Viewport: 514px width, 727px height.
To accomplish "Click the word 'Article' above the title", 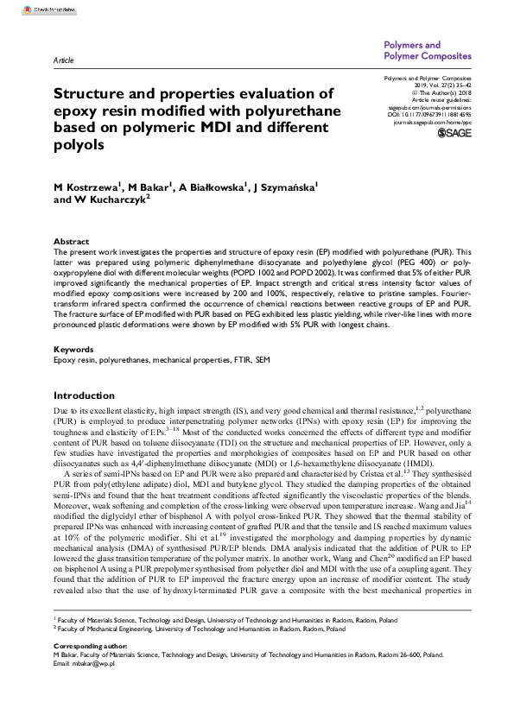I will (x=63, y=61).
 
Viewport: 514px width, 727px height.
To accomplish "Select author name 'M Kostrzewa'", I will (x=84, y=186).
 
